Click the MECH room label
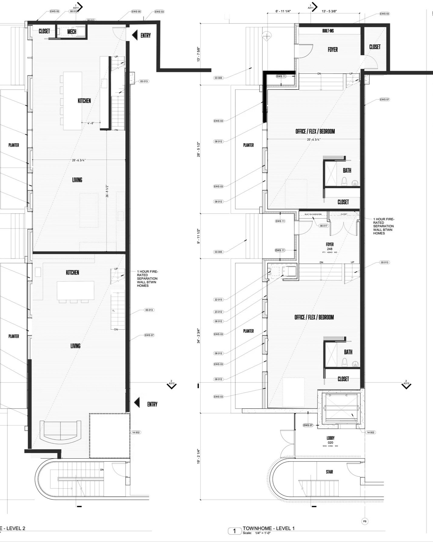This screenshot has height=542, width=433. point(72,32)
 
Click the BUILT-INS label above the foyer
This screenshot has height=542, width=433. point(328,31)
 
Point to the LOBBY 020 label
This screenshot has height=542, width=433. point(331,440)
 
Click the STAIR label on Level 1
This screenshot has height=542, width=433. point(329,472)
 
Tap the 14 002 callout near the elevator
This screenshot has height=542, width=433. point(370,432)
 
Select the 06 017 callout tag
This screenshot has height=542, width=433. point(324,226)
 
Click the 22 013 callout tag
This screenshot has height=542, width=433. point(218,300)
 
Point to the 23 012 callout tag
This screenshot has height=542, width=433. point(218,312)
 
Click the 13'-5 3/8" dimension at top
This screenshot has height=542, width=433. point(329,11)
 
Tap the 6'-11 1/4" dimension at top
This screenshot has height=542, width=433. point(283,11)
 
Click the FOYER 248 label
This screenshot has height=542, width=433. point(330,246)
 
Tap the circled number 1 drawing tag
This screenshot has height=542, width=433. point(234,531)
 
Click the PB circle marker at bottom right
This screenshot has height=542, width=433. point(365,521)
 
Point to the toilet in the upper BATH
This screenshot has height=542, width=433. point(344,182)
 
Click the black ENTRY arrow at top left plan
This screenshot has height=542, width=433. point(135,35)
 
